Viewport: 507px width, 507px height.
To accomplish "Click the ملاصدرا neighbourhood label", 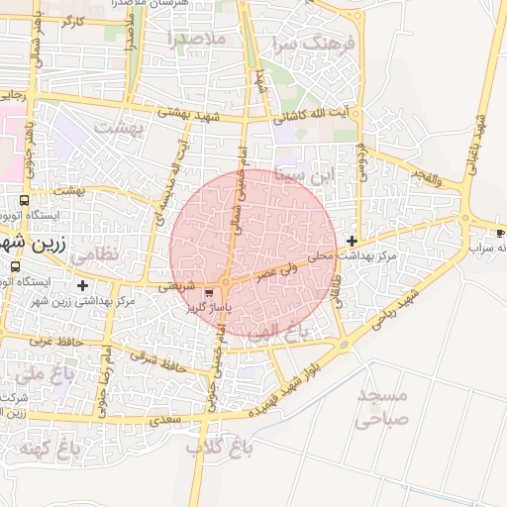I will (197, 39).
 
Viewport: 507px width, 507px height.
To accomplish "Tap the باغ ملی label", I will (41, 375).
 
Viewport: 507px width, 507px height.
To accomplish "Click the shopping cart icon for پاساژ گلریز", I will (208, 293).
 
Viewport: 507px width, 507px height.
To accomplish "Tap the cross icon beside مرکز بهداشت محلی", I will (353, 241).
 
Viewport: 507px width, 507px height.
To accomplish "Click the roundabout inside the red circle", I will (227, 283).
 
